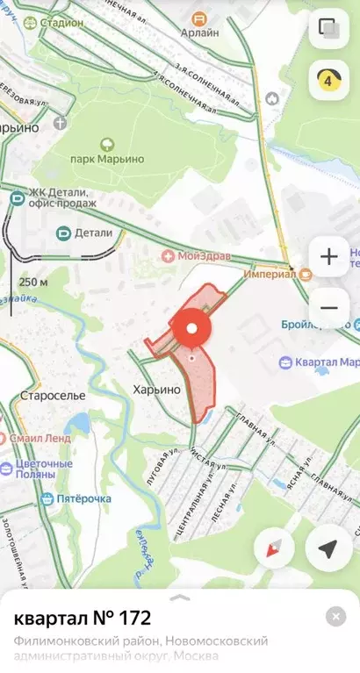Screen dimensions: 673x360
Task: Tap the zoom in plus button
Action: coord(329,257)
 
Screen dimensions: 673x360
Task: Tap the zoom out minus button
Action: coord(329,307)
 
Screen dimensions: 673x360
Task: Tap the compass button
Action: coord(274,549)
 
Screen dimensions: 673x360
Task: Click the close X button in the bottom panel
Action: coord(335,616)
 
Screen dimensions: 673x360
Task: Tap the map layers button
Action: coord(329,27)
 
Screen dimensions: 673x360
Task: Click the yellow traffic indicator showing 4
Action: coord(329,80)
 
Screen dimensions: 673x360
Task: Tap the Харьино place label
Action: coord(157,388)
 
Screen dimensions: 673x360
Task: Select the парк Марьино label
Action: coord(107,161)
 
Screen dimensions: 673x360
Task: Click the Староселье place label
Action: coord(53,396)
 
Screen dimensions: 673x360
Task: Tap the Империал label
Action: coord(269,273)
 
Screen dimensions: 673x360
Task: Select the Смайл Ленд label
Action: coord(42,437)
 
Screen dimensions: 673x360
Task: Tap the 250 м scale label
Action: coord(33,283)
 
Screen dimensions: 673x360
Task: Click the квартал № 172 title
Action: coord(83,618)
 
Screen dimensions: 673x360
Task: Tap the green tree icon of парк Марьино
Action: coord(107,143)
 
